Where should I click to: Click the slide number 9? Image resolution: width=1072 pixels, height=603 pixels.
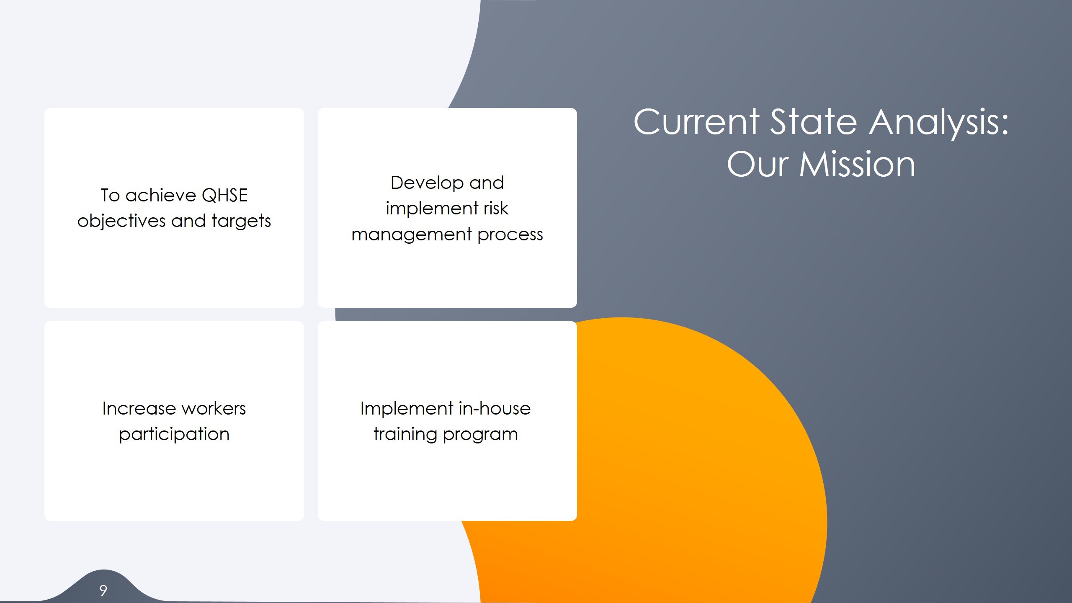coord(103,590)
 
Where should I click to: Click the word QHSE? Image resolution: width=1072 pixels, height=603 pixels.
coord(224,196)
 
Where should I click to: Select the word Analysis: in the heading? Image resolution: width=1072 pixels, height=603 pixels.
coord(939,122)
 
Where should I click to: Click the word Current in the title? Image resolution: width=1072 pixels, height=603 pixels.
coord(696,122)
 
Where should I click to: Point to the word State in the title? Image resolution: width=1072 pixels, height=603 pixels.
coord(814,122)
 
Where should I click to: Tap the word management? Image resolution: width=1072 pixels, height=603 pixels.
coord(412,234)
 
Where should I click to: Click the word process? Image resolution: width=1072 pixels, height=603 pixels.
coord(510,234)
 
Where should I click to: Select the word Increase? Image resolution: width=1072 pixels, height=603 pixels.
coord(139,409)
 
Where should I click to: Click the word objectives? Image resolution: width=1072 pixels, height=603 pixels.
coord(121,221)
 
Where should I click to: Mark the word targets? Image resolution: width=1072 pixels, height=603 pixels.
coord(241,221)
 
